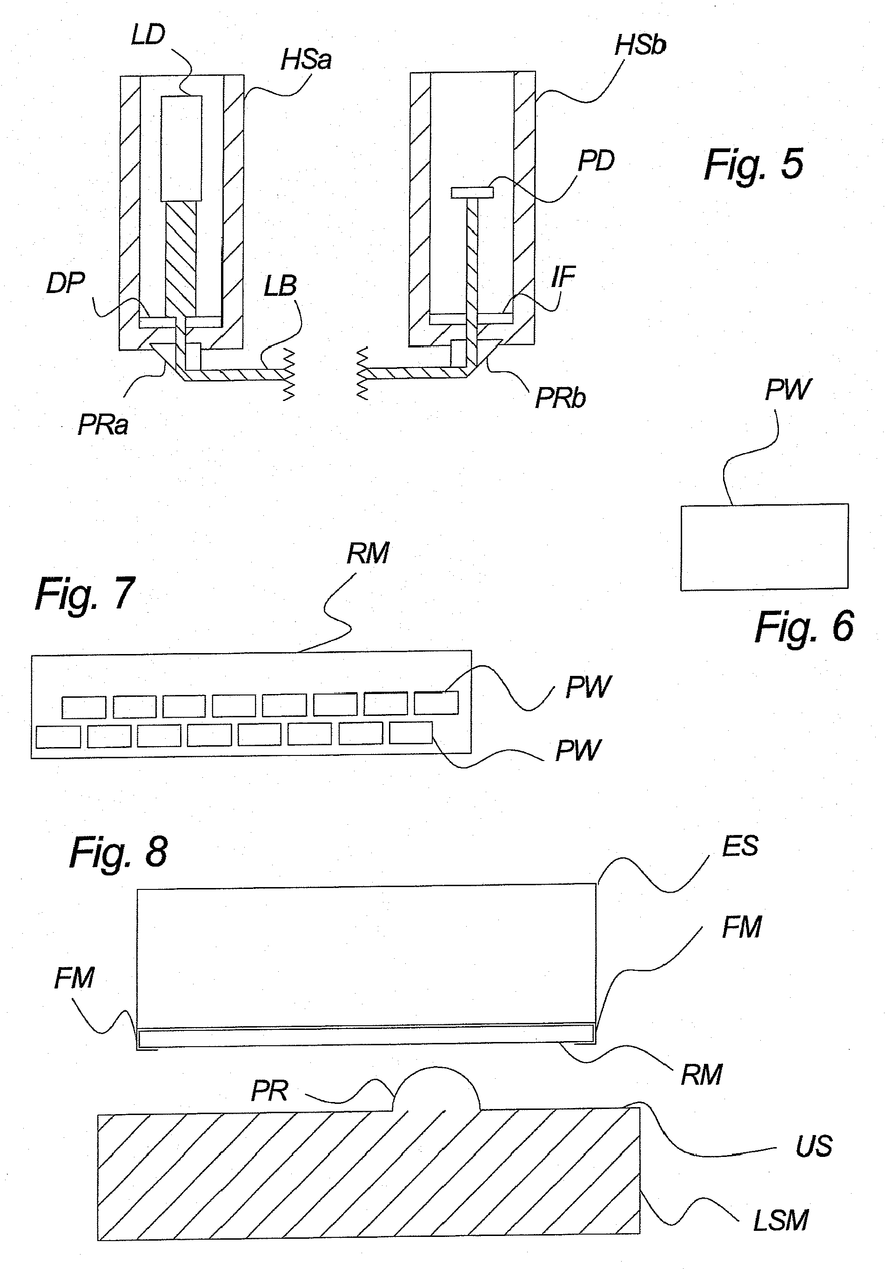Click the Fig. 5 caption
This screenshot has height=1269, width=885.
point(753,164)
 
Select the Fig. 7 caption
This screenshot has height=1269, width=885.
point(85,594)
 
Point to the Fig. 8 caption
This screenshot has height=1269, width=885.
point(118,852)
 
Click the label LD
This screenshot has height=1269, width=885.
point(148,35)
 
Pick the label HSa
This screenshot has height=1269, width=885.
point(306,60)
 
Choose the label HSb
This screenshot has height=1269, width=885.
point(640,45)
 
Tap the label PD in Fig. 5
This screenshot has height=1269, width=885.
point(596,161)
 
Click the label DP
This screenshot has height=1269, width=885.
point(65,284)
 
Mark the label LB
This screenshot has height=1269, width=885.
point(280,286)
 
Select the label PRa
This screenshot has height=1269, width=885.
point(103,425)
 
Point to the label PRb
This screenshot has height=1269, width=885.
point(560,398)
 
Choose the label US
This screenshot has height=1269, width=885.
point(814,1146)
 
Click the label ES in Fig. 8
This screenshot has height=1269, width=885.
point(740,846)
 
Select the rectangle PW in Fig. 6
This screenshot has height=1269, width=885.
point(764,547)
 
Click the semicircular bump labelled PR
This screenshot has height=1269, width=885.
point(436,1089)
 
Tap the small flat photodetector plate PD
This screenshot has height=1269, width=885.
point(471,192)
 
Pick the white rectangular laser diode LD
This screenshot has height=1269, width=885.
point(181,148)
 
